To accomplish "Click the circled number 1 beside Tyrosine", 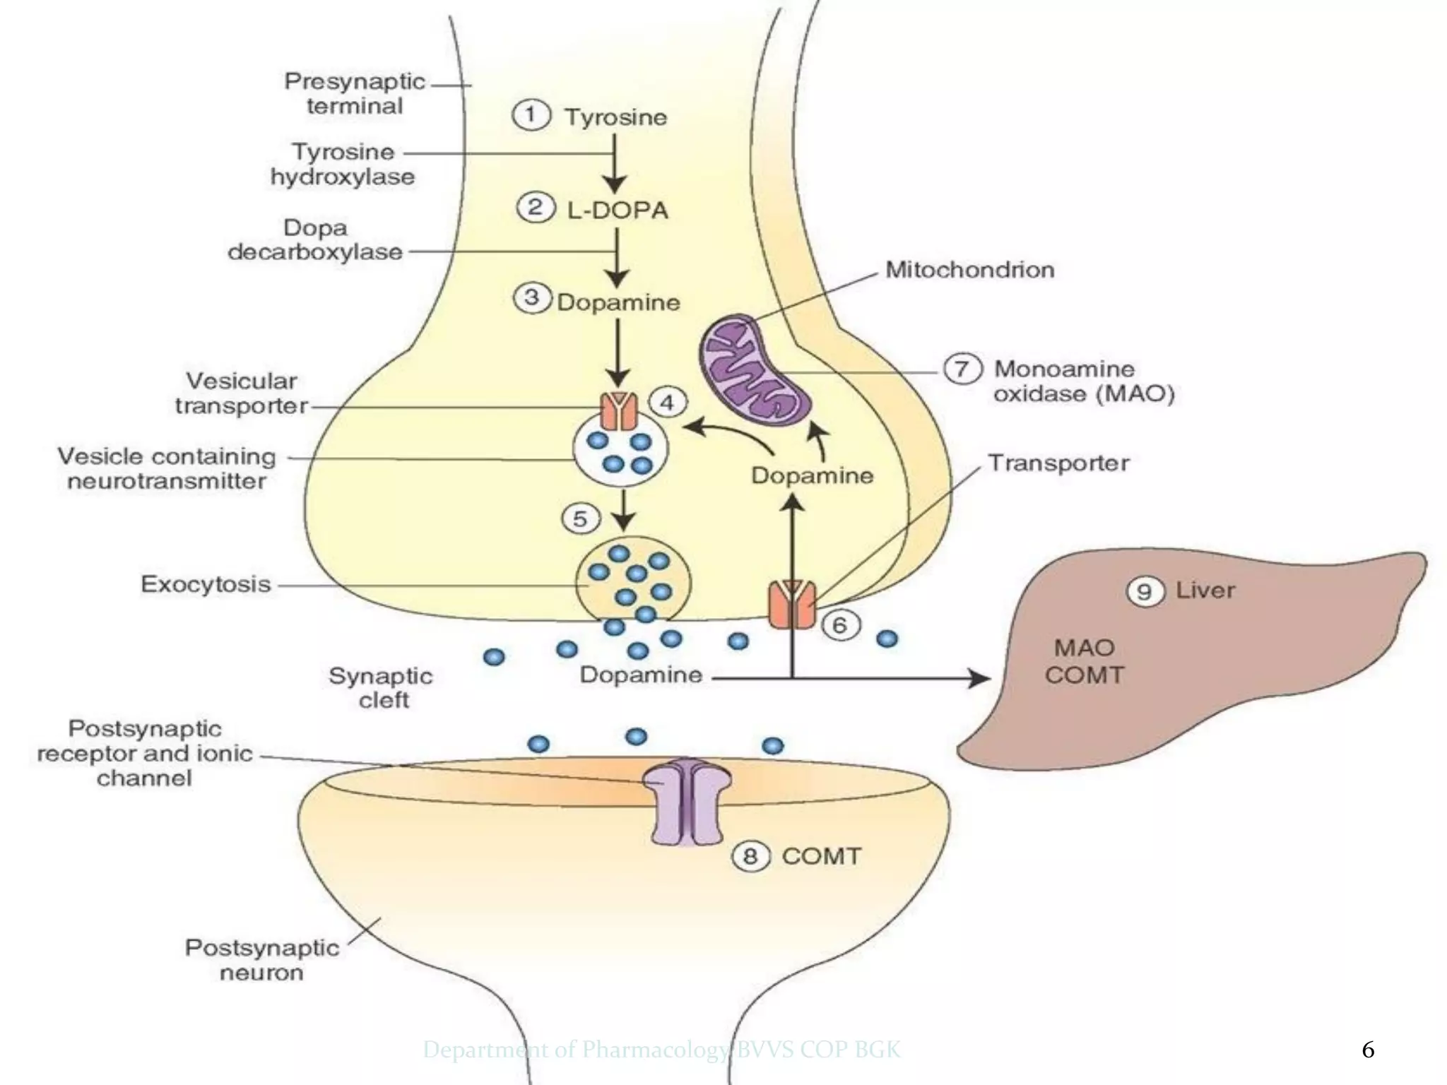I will coord(531,115).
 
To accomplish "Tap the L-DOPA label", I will coord(617,210).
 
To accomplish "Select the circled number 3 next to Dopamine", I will coord(531,298).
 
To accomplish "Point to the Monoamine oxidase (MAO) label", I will coord(1083,381).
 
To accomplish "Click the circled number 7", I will coord(962,369).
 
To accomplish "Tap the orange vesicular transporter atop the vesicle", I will coord(620,411).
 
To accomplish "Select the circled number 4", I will coord(666,403).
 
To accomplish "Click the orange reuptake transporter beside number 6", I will coord(792,604).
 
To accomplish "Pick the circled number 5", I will coord(580,518).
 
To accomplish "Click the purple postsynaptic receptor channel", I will coord(687,801).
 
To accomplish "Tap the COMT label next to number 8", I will coord(821,856).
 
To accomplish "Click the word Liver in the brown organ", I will coord(1205,590).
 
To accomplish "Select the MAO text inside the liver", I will coord(1084,647).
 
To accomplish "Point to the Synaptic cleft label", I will coord(381,687).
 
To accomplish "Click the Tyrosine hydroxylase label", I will coord(343,164).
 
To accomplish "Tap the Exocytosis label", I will coord(206,584).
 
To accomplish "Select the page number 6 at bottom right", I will coord(1368,1050).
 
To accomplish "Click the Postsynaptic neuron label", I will coord(261,959).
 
